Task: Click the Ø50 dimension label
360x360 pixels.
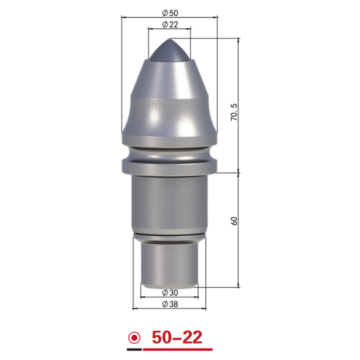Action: tap(170, 13)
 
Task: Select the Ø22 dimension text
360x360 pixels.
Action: tap(170, 24)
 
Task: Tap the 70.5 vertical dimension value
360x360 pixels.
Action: tap(234, 112)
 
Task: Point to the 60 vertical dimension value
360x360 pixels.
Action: tap(234, 221)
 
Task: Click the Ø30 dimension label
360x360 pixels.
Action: tap(170, 292)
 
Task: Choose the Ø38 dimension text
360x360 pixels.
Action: tap(170, 304)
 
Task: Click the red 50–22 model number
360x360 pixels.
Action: tap(177, 337)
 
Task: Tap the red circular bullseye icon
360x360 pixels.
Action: tap(134, 338)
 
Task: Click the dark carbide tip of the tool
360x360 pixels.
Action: tap(170, 51)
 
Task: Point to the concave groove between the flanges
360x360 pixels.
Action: tap(170, 153)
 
